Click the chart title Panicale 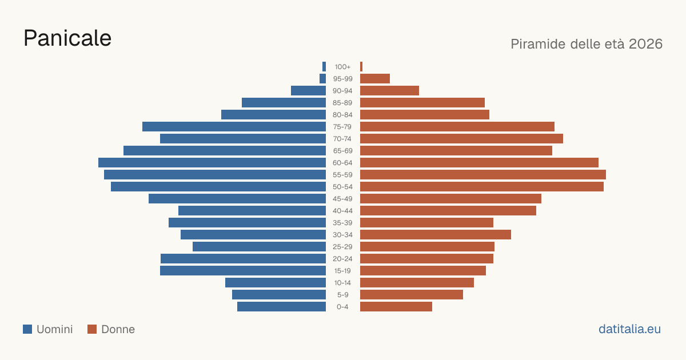[x=67, y=38]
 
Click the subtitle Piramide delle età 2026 [x=587, y=44]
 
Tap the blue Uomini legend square [x=27, y=329]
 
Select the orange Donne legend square [x=92, y=329]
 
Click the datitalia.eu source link [x=629, y=329]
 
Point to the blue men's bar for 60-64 [x=212, y=162]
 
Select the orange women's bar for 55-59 [x=483, y=174]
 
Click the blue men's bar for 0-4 [x=281, y=307]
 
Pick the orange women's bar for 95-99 [x=375, y=79]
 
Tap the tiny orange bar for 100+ [x=361, y=67]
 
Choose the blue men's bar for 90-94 [x=308, y=91]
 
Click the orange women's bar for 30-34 [x=436, y=234]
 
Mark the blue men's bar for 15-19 [x=243, y=271]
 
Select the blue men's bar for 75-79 [x=234, y=127]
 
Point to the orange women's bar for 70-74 [x=461, y=139]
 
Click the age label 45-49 [x=342, y=199]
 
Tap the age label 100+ [x=342, y=67]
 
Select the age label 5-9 [x=342, y=295]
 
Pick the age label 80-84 [x=342, y=115]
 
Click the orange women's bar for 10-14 [x=417, y=282]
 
